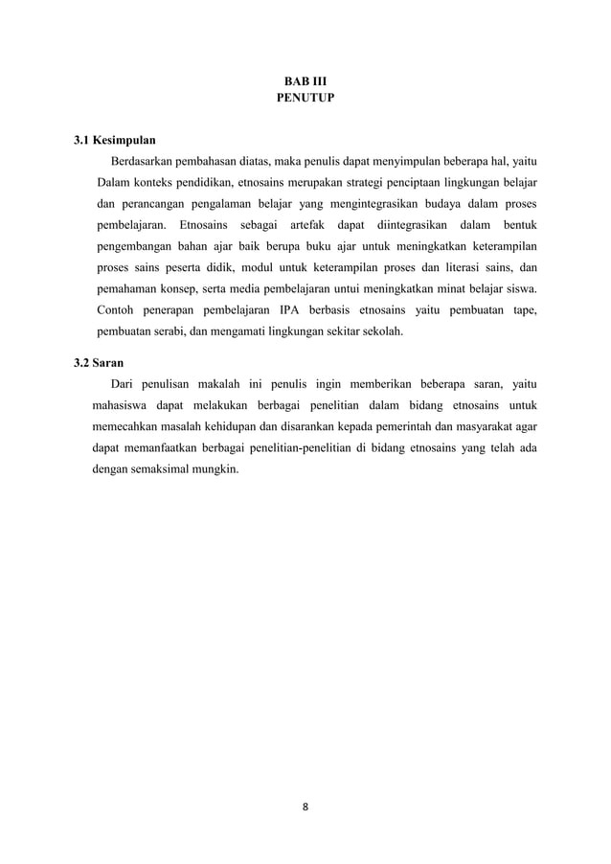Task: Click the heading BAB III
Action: pos(305,81)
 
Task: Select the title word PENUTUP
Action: pos(305,98)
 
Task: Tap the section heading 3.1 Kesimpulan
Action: pos(115,138)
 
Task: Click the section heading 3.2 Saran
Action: pos(100,364)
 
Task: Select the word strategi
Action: pos(351,182)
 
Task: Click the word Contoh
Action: pos(117,311)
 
